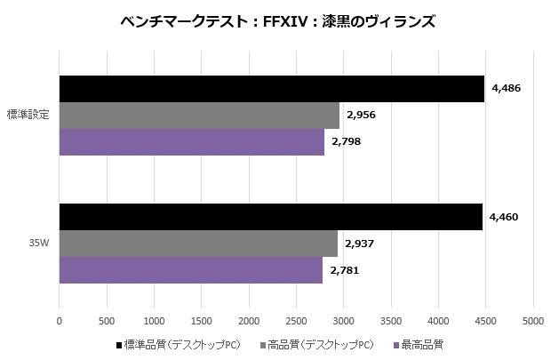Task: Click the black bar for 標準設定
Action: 271,89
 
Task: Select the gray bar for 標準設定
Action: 199,116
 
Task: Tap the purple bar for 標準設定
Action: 191,142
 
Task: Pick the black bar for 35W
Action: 270,217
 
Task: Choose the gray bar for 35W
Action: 198,244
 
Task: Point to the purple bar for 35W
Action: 190,270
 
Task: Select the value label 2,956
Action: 362,115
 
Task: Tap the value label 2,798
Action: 347,141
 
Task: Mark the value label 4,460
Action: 505,217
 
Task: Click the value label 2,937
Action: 360,243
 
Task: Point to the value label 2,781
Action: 345,269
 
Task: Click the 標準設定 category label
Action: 28,115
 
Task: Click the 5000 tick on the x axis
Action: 533,321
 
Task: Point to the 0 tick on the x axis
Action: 60,321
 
